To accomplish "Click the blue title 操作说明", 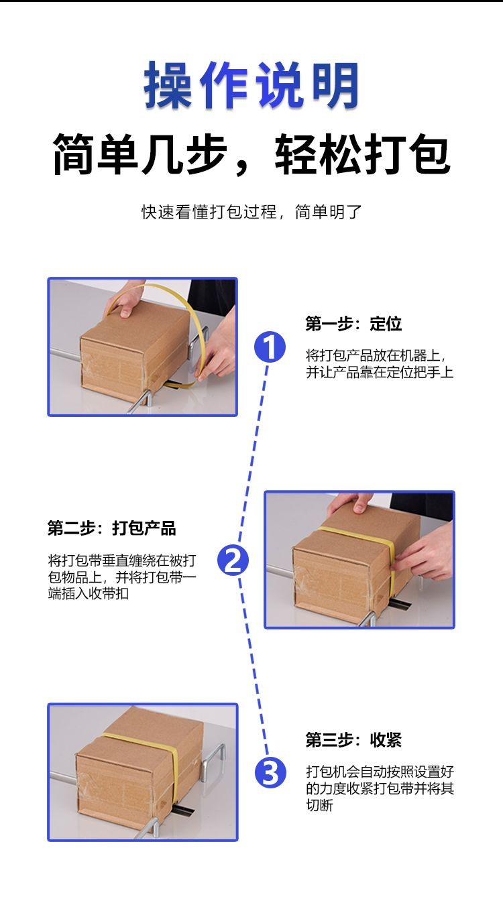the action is coord(251,85).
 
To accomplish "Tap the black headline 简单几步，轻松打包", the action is coord(251,154).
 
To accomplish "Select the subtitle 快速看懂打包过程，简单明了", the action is coord(251,212).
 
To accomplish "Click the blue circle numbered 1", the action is coord(270,347).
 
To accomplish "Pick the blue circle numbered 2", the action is coord(233,560).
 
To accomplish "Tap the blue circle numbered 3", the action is coord(270,773).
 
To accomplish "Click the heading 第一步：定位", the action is coord(353,324).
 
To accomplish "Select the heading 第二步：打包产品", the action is coord(112,528).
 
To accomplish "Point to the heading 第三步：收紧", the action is coord(353,739).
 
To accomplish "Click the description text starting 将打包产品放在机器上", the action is coord(380,363).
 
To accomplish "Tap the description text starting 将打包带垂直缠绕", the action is coord(122,577).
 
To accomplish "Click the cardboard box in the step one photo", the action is coord(135,351).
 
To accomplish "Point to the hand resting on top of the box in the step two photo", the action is coord(349,502).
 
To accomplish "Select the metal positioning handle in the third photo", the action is coord(214,758).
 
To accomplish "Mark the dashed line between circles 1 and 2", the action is coord(254,454).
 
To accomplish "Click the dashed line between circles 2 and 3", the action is coord(252,666).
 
